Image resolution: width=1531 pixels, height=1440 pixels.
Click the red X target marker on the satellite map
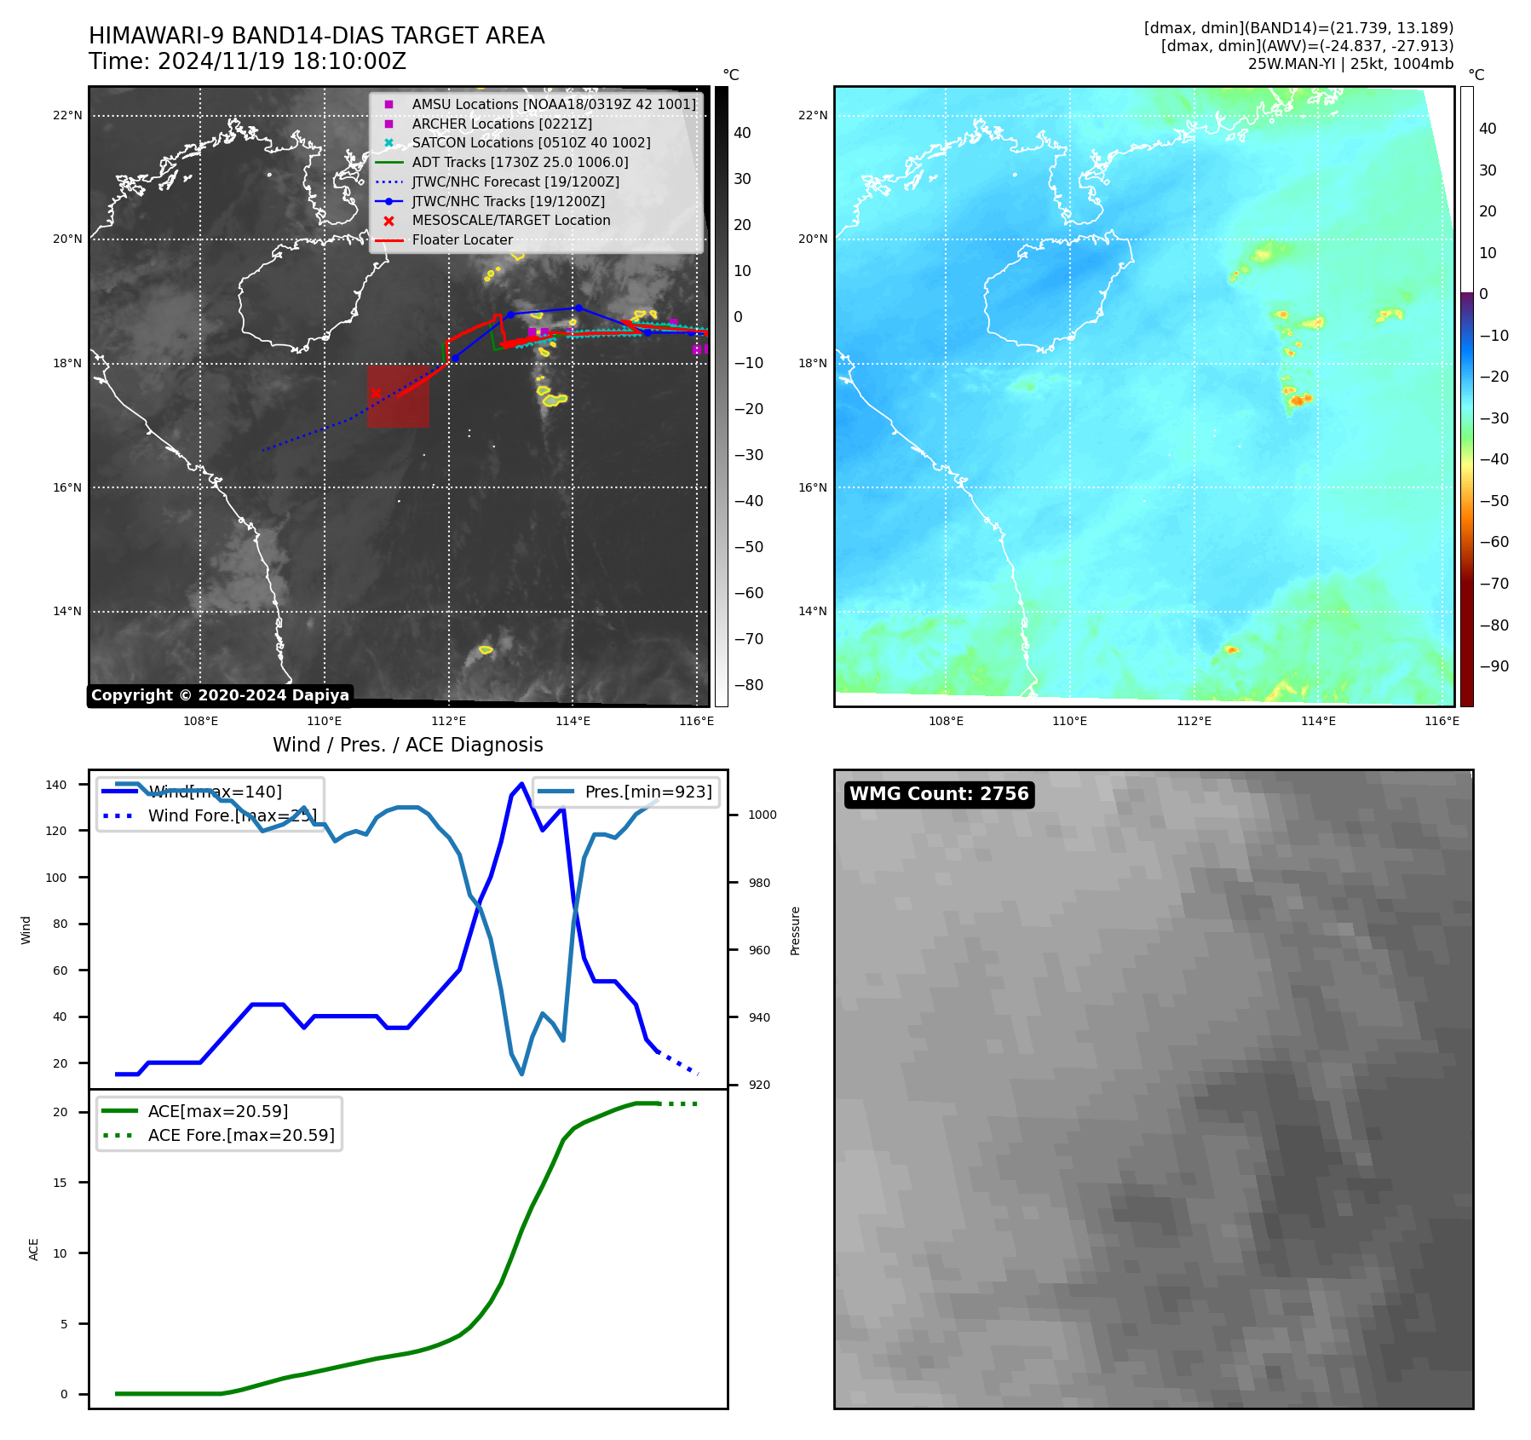tap(376, 393)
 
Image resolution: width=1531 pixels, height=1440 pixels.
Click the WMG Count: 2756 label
tap(939, 794)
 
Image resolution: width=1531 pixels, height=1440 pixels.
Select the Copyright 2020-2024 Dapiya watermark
tap(220, 695)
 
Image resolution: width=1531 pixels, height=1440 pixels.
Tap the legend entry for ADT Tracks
tap(520, 162)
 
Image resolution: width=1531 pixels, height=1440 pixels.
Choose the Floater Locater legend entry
tap(462, 240)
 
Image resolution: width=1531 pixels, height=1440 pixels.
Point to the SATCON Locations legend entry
tap(531, 143)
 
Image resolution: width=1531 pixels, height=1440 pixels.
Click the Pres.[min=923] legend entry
tap(648, 792)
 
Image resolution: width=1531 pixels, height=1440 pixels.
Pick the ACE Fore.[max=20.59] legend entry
tap(241, 1135)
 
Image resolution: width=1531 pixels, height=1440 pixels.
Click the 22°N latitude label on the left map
tap(67, 116)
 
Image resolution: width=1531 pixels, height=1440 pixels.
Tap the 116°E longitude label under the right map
tap(1442, 721)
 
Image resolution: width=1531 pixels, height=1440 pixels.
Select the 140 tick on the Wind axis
tap(56, 785)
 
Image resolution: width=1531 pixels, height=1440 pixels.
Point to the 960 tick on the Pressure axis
tap(759, 950)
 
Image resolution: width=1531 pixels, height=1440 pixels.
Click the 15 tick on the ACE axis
tap(60, 1183)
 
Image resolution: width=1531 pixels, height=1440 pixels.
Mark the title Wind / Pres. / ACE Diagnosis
tap(407, 745)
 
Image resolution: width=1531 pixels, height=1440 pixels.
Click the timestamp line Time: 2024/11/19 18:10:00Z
tap(247, 62)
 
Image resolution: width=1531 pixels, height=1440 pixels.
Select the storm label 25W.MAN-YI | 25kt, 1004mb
tap(1350, 64)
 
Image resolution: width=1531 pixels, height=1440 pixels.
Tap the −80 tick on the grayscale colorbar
tap(749, 685)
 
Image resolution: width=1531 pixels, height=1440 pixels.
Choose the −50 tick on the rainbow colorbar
tap(1494, 501)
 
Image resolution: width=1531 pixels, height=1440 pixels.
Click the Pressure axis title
tap(795, 930)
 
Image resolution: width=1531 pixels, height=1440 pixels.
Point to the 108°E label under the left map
tap(201, 721)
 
